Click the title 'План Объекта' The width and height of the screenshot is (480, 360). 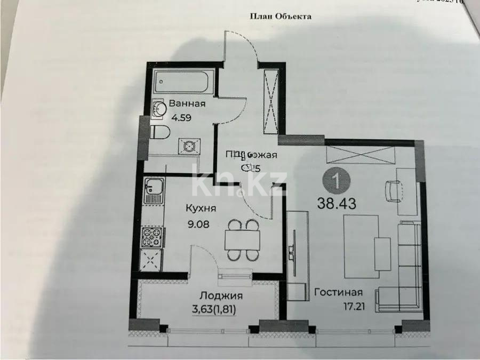281,16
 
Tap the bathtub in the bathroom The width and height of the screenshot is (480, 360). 181,83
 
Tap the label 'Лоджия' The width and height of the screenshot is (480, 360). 221,296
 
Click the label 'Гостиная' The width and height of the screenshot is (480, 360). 338,292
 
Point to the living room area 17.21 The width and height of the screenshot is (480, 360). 338,307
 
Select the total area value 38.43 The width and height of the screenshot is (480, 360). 336,203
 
